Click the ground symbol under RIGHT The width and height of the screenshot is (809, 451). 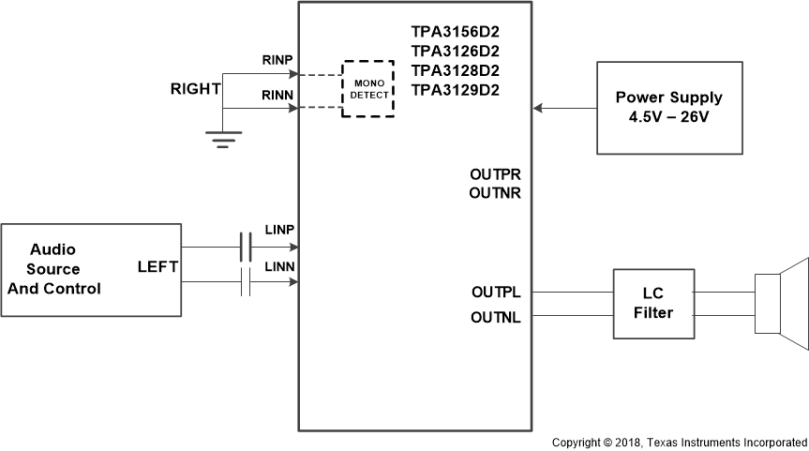coord(222,141)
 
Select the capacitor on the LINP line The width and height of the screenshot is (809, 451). coord(246,248)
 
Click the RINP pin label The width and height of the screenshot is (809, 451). coord(279,61)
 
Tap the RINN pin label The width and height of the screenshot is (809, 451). coord(279,95)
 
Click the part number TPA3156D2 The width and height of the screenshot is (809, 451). coord(455,31)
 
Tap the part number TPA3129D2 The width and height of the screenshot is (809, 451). coord(455,90)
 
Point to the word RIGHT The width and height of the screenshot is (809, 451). coord(195,90)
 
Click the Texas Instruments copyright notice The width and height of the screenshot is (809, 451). coord(679,442)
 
